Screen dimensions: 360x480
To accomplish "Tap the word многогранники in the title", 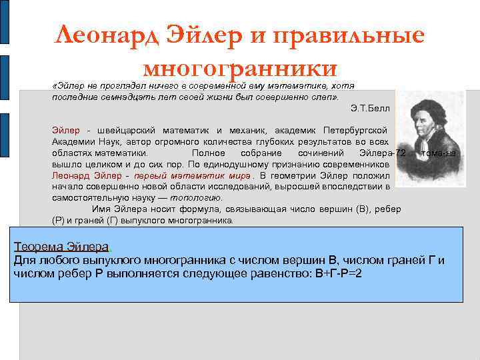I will pos(241,67).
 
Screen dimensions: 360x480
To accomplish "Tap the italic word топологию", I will pos(197,198).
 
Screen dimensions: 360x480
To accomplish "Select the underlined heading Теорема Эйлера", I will pos(63,247).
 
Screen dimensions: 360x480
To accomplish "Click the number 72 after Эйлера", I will pos(400,153).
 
